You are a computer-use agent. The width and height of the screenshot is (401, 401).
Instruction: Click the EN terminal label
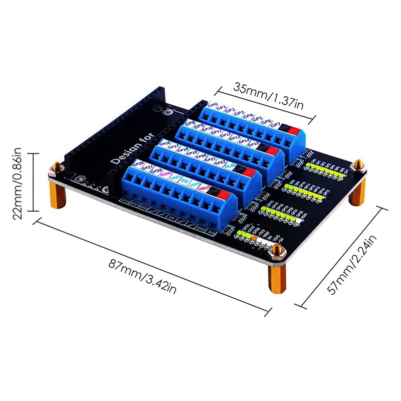184,180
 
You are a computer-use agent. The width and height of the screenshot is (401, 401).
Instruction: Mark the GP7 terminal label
275,124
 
